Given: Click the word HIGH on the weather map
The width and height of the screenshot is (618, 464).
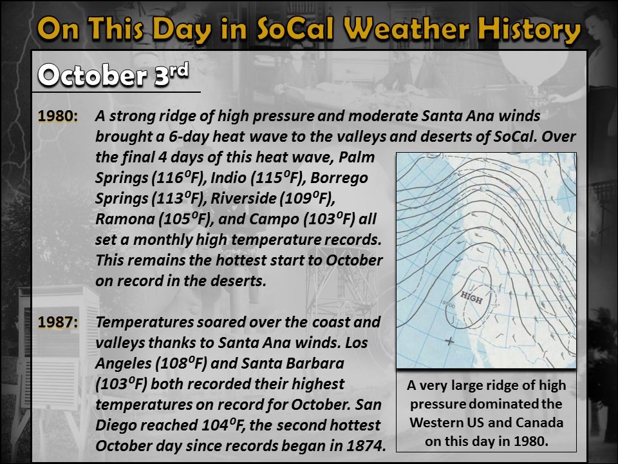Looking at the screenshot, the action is click(x=471, y=297).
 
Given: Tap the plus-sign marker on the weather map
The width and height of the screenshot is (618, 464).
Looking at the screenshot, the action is click(x=450, y=341).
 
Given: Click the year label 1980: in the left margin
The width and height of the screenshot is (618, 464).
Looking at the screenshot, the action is click(x=57, y=116).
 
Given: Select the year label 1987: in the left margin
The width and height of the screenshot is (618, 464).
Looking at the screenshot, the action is click(x=57, y=322).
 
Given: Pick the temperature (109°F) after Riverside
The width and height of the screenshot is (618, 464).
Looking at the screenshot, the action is click(x=308, y=198).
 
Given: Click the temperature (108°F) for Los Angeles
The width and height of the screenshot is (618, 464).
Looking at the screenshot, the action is click(x=180, y=363).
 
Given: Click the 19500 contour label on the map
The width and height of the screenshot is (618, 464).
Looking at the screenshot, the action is click(x=447, y=304).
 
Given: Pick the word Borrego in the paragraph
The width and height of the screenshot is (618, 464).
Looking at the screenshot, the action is click(x=339, y=178).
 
